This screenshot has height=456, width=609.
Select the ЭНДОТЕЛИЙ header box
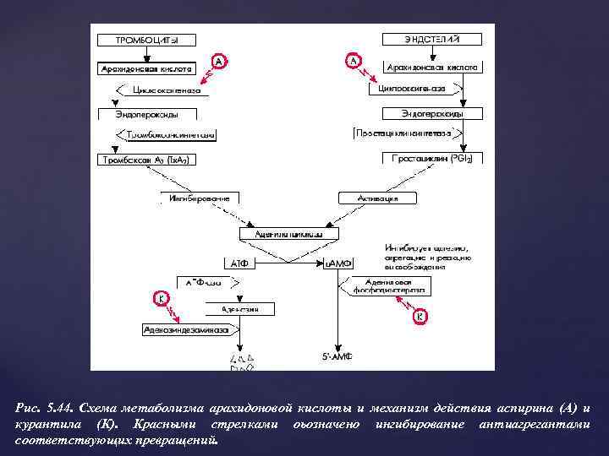tap(432, 39)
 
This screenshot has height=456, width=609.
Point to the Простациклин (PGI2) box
tap(432, 158)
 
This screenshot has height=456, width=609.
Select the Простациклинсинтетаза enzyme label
tap(407, 133)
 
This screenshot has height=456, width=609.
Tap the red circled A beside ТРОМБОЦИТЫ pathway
tap(220, 62)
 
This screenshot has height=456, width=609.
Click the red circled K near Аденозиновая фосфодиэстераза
tap(421, 317)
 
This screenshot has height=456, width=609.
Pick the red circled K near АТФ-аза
tap(159, 298)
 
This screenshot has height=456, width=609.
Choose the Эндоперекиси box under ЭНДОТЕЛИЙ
tap(432, 113)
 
